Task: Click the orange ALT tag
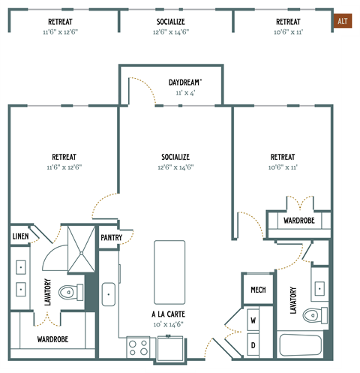pyautogui.click(x=343, y=21)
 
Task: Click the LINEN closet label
pyautogui.click(x=19, y=237)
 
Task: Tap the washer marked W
pyautogui.click(x=253, y=320)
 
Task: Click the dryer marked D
pyautogui.click(x=253, y=344)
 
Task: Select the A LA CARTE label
pyautogui.click(x=169, y=314)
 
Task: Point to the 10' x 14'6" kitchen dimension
pyautogui.click(x=169, y=324)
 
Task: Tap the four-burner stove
pyautogui.click(x=138, y=347)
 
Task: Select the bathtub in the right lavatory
pyautogui.click(x=301, y=347)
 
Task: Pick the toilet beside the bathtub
pyautogui.click(x=317, y=315)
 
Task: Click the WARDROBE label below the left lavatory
pyautogui.click(x=52, y=339)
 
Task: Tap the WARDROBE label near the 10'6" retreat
pyautogui.click(x=298, y=220)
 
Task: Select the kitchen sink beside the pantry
pyautogui.click(x=108, y=294)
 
